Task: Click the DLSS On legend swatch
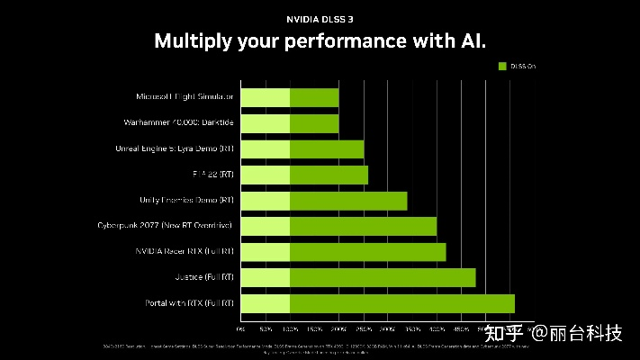(503, 66)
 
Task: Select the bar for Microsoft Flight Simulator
(290, 97)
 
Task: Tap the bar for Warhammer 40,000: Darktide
(290, 122)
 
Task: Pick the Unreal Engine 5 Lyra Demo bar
(302, 148)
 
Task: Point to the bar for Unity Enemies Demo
(324, 201)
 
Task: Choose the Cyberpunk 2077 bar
(338, 226)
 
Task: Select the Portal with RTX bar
(378, 303)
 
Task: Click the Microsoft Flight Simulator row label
(185, 96)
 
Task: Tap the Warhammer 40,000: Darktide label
(178, 122)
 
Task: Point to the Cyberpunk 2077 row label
(166, 225)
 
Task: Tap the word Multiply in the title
(190, 41)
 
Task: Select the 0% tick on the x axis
(241, 329)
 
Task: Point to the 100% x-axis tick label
(290, 329)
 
